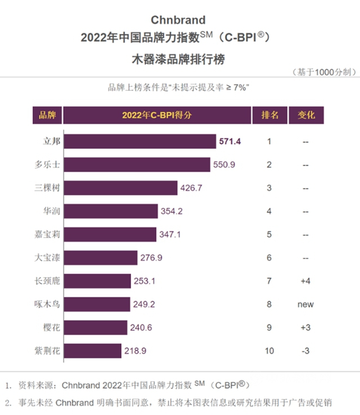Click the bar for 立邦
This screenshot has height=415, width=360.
tap(139, 141)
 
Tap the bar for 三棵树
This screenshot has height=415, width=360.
tap(120, 188)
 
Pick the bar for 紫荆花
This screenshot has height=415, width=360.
tap(92, 350)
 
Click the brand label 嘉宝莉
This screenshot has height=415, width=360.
tap(47, 234)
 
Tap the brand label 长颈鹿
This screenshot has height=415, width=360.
tap(47, 281)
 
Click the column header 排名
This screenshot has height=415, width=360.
tap(269, 115)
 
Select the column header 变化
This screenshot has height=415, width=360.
tap(305, 115)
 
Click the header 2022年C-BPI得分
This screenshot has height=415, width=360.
tap(156, 115)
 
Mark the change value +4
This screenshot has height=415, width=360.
tap(305, 281)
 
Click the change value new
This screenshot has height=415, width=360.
tap(305, 304)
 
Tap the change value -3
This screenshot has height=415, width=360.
tap(305, 350)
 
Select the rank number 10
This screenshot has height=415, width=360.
tap(269, 350)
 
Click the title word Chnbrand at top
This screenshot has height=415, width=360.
tap(178, 21)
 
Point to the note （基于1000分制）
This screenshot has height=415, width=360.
tap(323, 72)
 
